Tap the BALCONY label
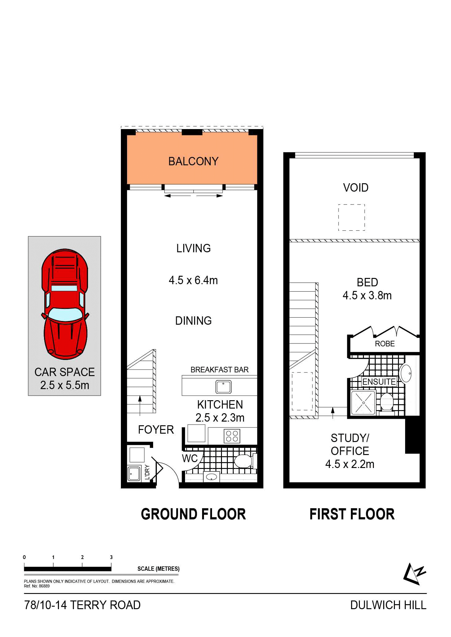click(x=193, y=161)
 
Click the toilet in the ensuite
click(x=387, y=402)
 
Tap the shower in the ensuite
click(x=363, y=403)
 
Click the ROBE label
click(x=385, y=344)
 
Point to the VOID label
click(x=356, y=188)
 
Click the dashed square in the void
click(x=352, y=217)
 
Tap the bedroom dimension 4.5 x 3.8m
click(x=367, y=296)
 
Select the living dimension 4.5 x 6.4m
click(x=193, y=280)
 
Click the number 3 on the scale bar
click(x=111, y=557)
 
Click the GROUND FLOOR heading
click(x=193, y=514)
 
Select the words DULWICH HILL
click(x=388, y=605)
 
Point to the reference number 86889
click(x=44, y=586)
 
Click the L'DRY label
click(x=147, y=472)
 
